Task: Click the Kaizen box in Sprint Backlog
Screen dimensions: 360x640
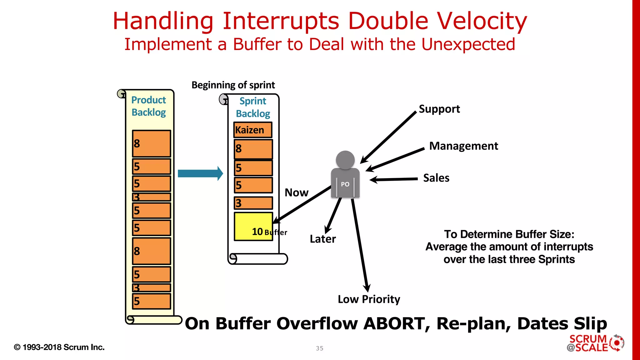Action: pos(252,130)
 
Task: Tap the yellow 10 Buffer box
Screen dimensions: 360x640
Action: pos(253,227)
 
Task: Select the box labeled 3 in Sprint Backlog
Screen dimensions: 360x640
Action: pos(253,203)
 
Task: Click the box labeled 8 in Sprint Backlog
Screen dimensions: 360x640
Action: pos(253,149)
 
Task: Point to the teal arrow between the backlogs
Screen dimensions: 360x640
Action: pos(200,173)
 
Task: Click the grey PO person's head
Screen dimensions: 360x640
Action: pos(345,160)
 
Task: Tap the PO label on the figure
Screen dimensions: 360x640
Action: pos(345,184)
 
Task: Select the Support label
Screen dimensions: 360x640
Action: pos(439,109)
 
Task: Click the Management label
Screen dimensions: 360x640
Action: pos(463,146)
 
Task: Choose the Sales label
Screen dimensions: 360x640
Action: pos(436,178)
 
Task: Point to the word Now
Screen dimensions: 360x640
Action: pos(296,192)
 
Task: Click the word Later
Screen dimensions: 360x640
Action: pos(322,239)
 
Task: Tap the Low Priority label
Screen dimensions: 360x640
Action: pos(369,299)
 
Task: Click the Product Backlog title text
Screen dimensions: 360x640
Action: pos(148,106)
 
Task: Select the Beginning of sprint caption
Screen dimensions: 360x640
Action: pos(233,85)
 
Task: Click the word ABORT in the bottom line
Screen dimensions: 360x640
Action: pos(397,323)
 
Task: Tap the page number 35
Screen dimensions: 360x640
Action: pos(319,348)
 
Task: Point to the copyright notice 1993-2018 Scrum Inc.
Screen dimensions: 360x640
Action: pos(59,347)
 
